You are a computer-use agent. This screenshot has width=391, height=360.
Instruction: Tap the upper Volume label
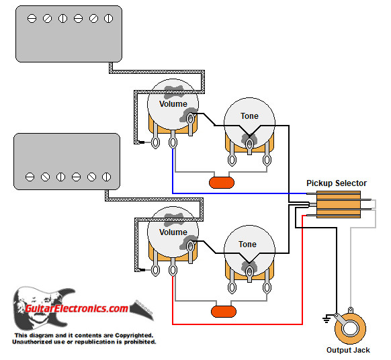coord(173,104)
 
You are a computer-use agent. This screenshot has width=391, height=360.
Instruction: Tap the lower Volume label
coord(173,232)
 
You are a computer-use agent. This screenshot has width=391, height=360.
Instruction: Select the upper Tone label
coord(249,116)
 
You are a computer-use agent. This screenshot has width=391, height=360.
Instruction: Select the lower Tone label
coord(248,244)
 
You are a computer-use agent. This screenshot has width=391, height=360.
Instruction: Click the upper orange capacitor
coord(221,181)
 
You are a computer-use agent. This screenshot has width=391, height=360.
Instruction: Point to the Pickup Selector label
coord(336,183)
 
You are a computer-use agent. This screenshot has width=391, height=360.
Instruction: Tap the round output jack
coord(351,326)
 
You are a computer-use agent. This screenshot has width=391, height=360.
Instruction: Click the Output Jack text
coord(347,351)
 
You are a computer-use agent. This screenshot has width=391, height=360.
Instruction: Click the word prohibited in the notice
coord(135,342)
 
